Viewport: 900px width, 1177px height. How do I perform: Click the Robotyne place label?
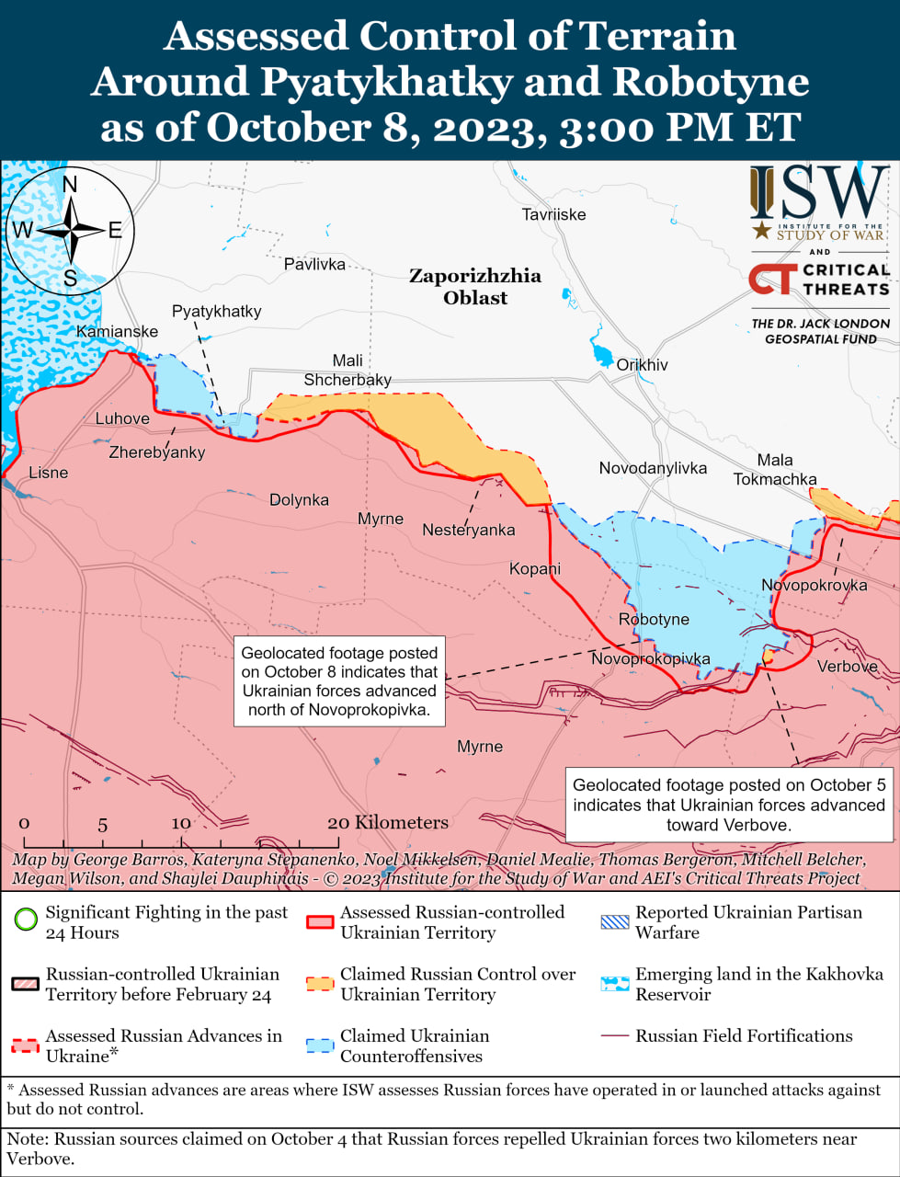(x=654, y=619)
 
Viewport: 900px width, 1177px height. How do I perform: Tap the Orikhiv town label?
(x=642, y=365)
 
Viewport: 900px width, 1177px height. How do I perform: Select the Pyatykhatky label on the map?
(x=217, y=311)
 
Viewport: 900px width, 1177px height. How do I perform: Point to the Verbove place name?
(x=847, y=666)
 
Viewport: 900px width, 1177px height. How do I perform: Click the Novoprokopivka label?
(x=650, y=658)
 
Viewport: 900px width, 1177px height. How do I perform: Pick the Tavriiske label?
(x=553, y=214)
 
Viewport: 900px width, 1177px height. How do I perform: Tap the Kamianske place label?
(x=117, y=331)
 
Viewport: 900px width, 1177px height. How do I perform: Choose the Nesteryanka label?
(x=468, y=530)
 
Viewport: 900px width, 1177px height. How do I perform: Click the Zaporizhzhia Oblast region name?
(x=475, y=286)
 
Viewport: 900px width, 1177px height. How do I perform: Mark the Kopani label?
(x=535, y=568)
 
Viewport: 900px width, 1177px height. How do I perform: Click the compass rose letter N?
(x=70, y=185)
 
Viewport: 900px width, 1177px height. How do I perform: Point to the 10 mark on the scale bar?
(x=181, y=823)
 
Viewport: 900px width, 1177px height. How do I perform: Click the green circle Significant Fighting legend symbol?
(x=27, y=920)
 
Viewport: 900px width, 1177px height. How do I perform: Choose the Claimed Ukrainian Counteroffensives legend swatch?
(x=320, y=1046)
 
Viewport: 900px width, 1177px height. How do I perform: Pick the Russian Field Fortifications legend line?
(x=613, y=1036)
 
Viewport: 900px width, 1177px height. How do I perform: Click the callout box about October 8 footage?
(x=339, y=681)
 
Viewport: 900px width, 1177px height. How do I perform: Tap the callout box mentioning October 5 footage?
(x=728, y=805)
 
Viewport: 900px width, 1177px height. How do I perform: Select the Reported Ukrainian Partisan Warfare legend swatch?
(x=614, y=921)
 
